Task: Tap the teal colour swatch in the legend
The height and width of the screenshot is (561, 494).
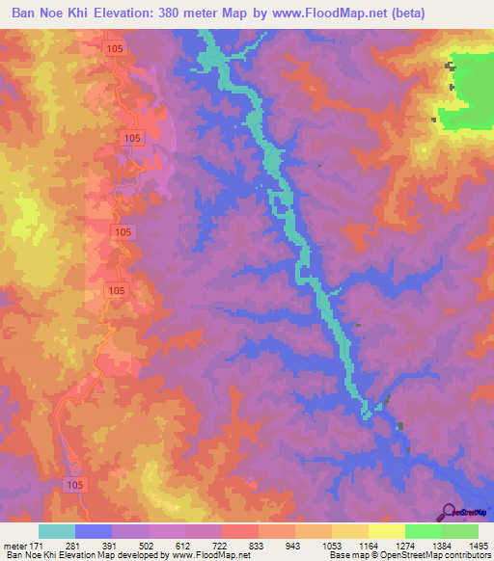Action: pos(57,531)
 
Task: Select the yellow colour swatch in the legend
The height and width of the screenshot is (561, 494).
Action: pos(386,531)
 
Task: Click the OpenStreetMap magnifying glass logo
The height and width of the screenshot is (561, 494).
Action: pos(448,512)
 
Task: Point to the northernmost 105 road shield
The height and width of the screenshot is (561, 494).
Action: pos(115,46)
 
